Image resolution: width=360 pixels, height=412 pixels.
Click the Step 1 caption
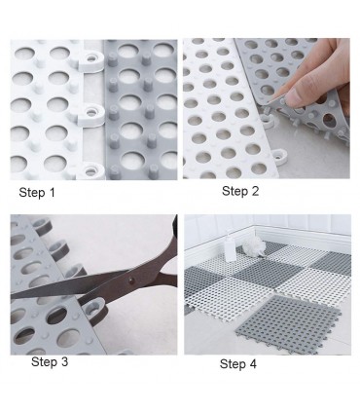37,193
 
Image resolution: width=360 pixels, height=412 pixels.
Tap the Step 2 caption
240,191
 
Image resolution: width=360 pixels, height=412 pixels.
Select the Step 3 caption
50,361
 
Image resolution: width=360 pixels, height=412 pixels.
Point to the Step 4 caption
238,363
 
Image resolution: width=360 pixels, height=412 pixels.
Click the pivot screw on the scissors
131,279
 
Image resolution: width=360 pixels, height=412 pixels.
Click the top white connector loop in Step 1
91,60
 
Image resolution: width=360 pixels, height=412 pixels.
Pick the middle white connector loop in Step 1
92,113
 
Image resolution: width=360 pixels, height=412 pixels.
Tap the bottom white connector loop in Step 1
92,169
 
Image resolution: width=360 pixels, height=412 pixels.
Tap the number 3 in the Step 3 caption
65,361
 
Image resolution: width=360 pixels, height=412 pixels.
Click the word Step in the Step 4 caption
232,364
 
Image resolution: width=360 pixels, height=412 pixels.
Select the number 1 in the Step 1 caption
53,193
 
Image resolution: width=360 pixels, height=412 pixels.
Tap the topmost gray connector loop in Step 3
42,225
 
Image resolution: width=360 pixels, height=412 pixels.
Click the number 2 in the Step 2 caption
255,191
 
